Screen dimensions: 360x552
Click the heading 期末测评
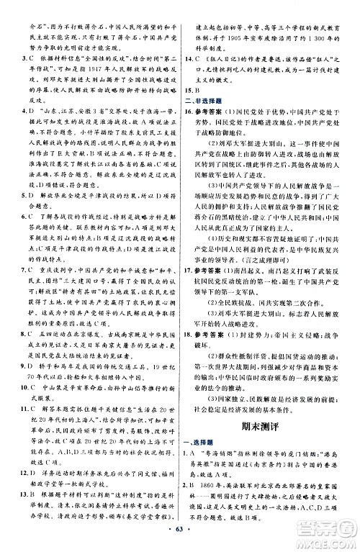[x=266, y=406]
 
